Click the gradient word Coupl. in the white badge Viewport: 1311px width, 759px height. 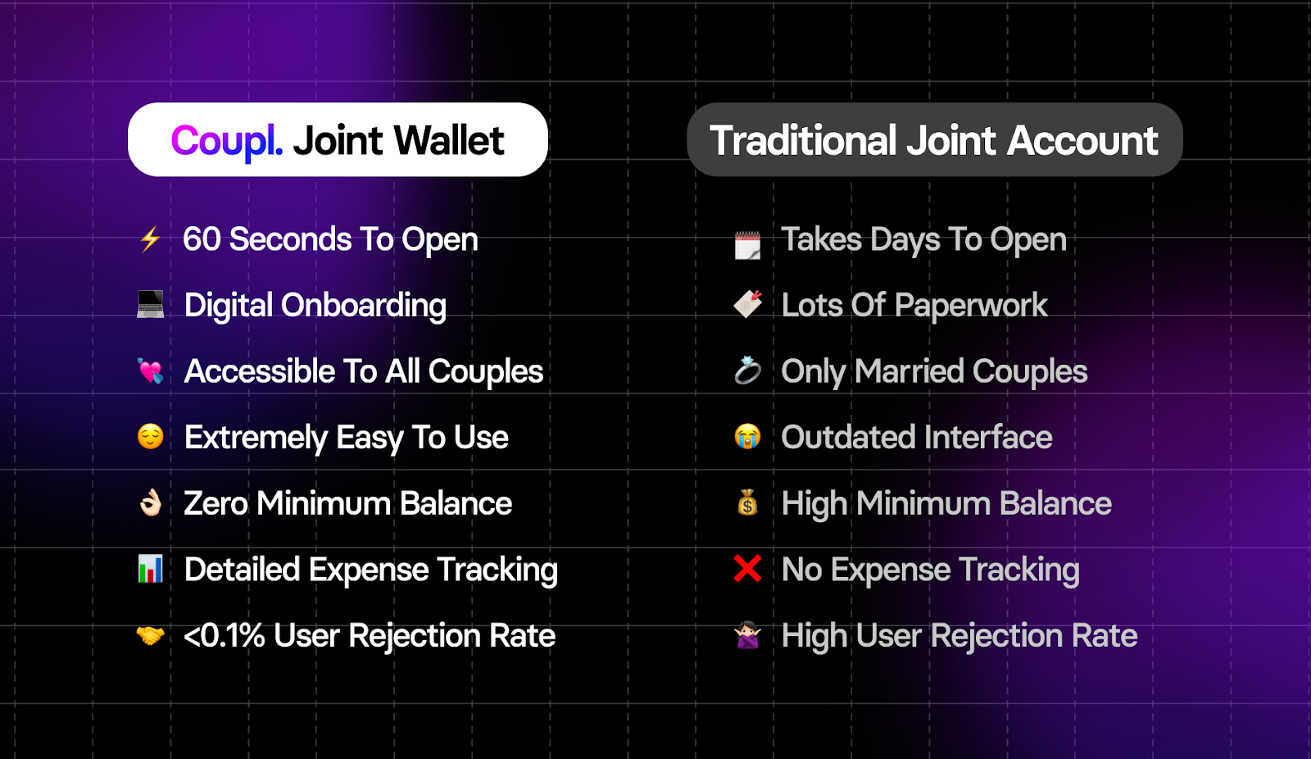point(227,142)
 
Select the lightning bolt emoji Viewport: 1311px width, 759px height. point(151,239)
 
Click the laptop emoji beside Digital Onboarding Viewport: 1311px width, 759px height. point(151,305)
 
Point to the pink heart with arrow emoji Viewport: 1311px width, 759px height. point(151,370)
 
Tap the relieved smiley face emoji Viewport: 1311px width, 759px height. point(151,437)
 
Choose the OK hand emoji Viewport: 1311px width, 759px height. point(151,502)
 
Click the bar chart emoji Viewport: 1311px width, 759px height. point(151,569)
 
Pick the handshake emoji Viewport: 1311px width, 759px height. point(151,635)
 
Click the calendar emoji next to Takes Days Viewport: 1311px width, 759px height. point(748,245)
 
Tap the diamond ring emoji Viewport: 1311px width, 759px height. point(748,370)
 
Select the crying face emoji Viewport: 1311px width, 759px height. point(748,437)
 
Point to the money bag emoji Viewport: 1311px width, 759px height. point(748,502)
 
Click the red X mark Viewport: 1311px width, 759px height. point(748,569)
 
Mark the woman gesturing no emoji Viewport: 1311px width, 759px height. point(748,635)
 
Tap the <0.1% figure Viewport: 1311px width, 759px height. point(225,635)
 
